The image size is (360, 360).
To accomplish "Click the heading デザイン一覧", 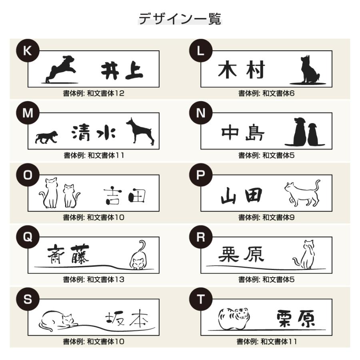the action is pos(180,18).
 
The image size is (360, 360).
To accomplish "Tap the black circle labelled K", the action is pos(28,50).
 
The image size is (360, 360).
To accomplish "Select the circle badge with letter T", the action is pos(201,299).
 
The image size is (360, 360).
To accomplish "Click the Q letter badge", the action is pos(28,237).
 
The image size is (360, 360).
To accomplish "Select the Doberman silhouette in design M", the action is pos(140,131).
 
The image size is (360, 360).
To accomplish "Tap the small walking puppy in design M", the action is pos(46,137).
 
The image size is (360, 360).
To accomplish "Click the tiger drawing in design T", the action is pos(234,318).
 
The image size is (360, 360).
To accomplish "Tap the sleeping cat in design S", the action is pos(58,321).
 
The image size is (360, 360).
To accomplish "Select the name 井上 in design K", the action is pos(122,71).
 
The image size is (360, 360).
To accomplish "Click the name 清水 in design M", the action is pos(94,133).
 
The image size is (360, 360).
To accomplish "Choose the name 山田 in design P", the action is pos(241,196).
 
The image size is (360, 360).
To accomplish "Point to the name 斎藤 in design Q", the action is pos(68,254).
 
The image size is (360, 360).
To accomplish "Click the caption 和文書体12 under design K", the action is pos(106,93).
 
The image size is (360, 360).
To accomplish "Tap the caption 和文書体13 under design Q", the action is pos(106,280).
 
